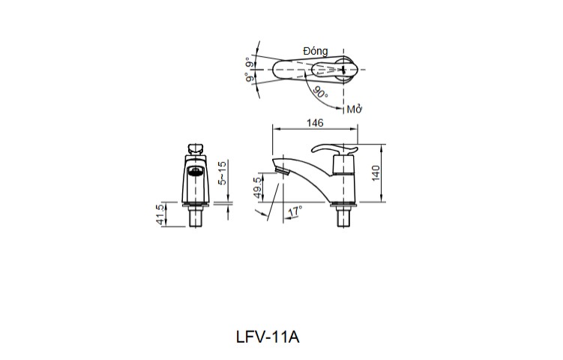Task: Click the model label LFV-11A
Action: point(268,337)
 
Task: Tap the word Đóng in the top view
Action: point(315,51)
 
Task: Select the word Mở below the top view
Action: point(355,109)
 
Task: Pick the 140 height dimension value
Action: point(376,172)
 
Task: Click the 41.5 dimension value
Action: point(159,214)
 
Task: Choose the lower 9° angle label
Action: point(249,77)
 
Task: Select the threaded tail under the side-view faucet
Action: point(344,219)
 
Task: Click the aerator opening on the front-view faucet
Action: point(195,172)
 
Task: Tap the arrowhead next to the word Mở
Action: point(344,106)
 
